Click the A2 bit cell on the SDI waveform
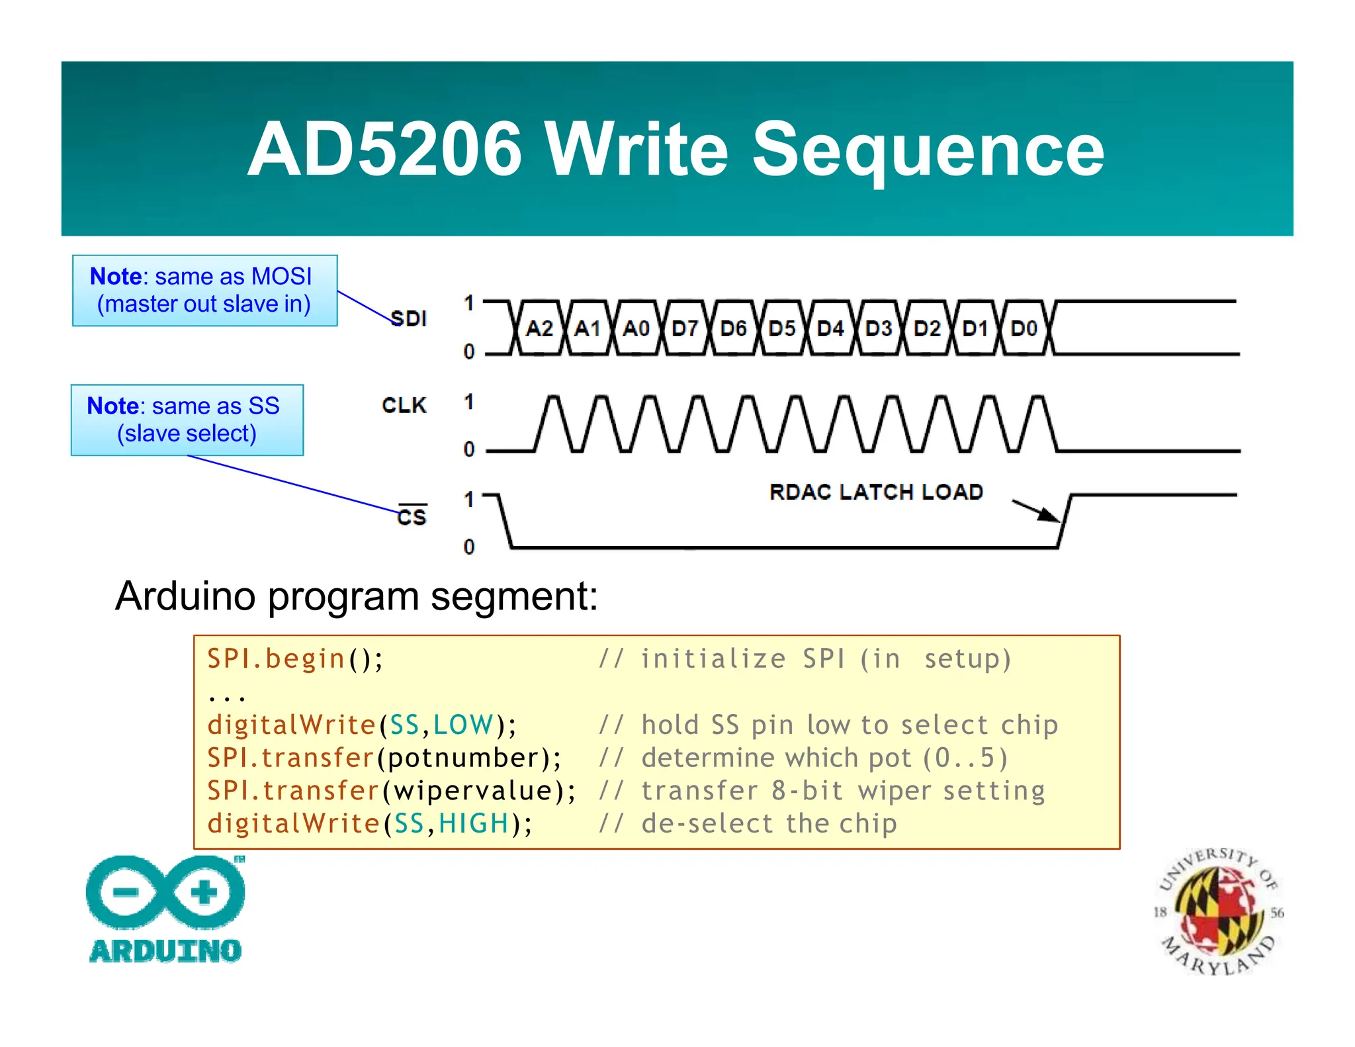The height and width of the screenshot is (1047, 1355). pos(539,328)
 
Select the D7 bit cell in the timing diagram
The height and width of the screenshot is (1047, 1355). pos(685,328)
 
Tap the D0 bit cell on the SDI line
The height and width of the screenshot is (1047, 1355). pos(1024,328)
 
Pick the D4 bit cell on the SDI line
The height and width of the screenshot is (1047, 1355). pos(830,328)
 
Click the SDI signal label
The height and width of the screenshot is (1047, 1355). pos(408,319)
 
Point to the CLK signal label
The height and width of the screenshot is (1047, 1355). pos(404,405)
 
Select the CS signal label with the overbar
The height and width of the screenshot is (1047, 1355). pos(412,516)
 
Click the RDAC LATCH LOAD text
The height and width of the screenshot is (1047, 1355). pos(876,492)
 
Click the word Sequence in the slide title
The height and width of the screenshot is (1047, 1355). pos(928,150)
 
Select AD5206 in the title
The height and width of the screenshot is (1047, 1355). pos(385,150)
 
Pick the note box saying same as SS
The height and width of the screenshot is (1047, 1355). pos(187,420)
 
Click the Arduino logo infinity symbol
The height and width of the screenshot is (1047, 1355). pos(165,892)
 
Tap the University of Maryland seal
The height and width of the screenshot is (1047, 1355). pos(1218,912)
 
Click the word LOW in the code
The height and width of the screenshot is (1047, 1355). pos(463,725)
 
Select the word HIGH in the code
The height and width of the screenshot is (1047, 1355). pos(474,824)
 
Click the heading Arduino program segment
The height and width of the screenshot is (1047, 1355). pos(356,596)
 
